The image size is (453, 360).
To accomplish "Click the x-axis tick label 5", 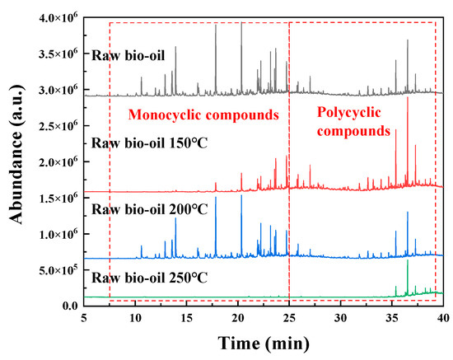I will (x=84, y=317).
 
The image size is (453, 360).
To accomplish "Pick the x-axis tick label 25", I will (x=289, y=317).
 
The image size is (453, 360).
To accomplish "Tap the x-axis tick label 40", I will (x=443, y=317).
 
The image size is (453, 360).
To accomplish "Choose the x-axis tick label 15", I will (x=187, y=317).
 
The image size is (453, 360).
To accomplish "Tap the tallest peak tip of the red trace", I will (x=407, y=98).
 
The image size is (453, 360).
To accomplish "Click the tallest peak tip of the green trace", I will (x=408, y=261).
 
